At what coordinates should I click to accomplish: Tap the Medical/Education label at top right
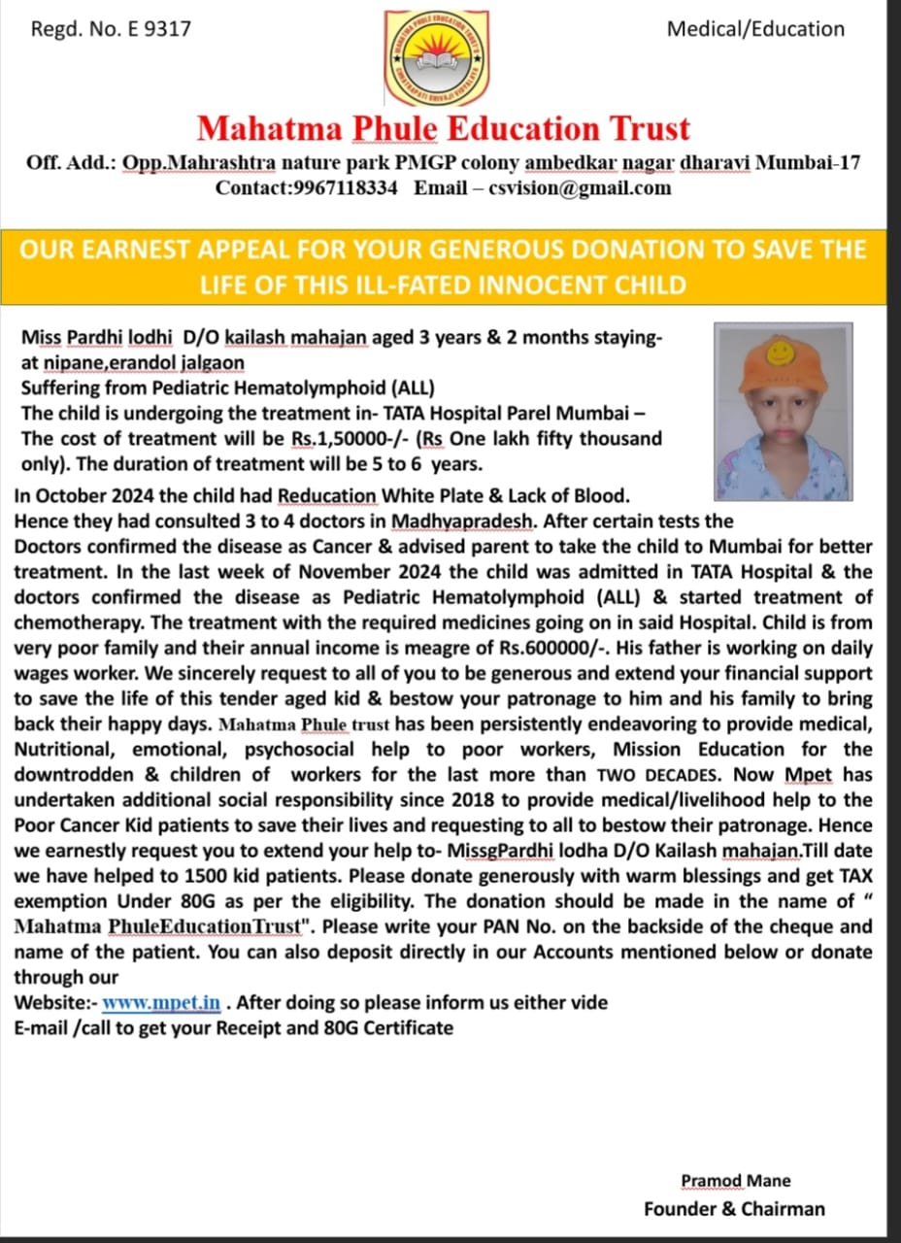tap(755, 28)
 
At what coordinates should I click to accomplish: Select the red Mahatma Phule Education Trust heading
tap(444, 128)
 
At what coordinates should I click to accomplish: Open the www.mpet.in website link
tap(161, 1002)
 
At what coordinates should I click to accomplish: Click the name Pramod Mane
tap(735, 1181)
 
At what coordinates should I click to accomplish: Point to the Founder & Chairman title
tap(734, 1209)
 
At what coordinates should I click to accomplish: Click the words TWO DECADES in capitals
tap(658, 775)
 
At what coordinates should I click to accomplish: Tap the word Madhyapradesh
tap(461, 521)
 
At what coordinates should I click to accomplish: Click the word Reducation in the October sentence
tap(326, 496)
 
